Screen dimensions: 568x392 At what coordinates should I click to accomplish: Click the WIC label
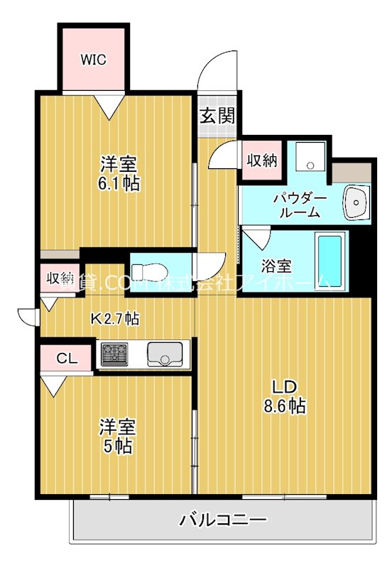(93, 60)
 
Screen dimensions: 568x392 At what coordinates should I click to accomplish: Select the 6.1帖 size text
(119, 183)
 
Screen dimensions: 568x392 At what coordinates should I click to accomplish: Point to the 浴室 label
(276, 267)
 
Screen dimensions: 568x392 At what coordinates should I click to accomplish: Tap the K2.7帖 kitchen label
(114, 319)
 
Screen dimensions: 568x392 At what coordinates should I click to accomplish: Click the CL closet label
(67, 359)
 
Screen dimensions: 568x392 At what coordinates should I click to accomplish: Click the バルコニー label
(223, 520)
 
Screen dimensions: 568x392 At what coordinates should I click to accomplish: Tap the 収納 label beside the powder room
(261, 160)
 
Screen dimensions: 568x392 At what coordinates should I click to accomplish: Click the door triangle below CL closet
(53, 386)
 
